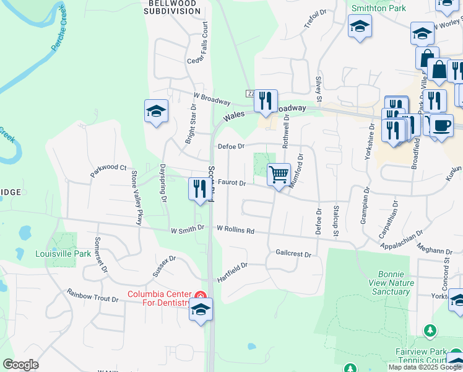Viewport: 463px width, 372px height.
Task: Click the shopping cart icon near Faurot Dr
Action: point(279,175)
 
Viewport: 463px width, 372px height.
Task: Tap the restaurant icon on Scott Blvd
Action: point(199,188)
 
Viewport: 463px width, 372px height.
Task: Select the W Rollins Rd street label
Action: point(235,229)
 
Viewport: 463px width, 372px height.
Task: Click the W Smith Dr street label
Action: point(188,229)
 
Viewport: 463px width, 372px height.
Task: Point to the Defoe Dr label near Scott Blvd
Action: point(232,146)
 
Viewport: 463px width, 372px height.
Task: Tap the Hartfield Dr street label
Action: point(233,272)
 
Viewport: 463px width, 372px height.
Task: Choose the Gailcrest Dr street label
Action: point(293,254)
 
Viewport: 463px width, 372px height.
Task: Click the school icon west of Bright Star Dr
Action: point(155,111)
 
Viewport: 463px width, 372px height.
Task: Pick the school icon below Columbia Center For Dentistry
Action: point(201,309)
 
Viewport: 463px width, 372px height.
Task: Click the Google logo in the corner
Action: point(20,365)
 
